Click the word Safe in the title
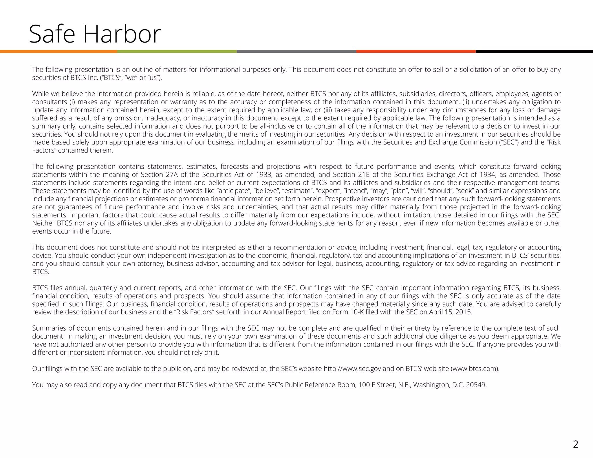coord(52,34)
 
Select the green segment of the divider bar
coord(177,52)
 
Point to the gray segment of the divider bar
coord(296,52)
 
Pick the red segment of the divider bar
coord(416,52)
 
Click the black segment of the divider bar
coord(534,52)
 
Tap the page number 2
coord(576,444)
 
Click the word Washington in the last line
coord(431,385)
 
